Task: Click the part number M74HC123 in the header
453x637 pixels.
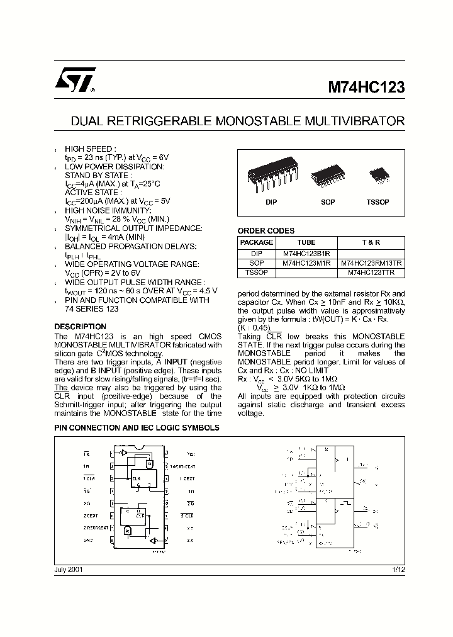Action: [366, 88]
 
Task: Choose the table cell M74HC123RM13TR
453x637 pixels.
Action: [372, 263]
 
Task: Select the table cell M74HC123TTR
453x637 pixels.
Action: [372, 273]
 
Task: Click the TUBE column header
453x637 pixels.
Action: [306, 242]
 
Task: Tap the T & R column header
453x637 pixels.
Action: [371, 242]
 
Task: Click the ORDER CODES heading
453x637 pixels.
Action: [266, 231]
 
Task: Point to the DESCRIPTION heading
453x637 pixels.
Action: [80, 327]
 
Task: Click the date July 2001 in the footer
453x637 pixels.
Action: [69, 569]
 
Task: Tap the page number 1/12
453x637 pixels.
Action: [397, 569]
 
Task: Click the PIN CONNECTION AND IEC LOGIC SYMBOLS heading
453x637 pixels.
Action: [137, 427]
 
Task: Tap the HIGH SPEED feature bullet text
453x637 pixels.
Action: [91, 149]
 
